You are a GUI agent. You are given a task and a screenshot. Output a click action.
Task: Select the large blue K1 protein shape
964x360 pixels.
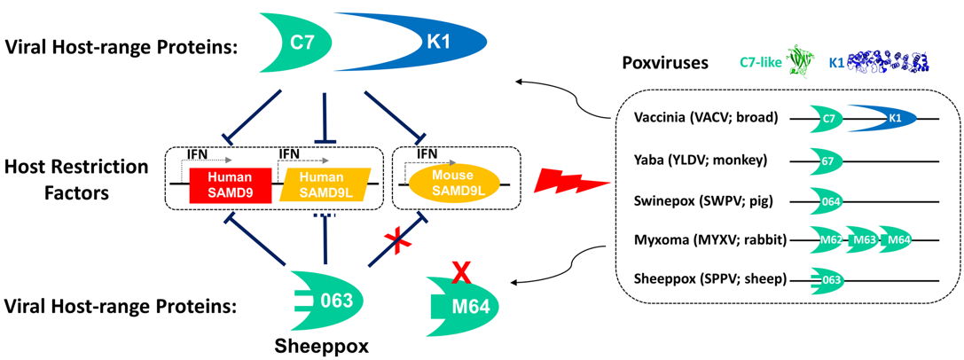click(426, 41)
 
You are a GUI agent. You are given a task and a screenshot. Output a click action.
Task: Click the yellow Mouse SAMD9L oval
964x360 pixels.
click(453, 184)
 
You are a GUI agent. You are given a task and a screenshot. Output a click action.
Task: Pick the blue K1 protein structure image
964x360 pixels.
click(887, 62)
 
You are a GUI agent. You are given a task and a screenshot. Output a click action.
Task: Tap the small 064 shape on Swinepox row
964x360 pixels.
click(830, 200)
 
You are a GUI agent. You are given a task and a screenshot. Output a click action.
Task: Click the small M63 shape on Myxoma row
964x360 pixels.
click(864, 239)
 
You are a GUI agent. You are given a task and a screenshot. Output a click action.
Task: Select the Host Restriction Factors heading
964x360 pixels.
click(74, 178)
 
